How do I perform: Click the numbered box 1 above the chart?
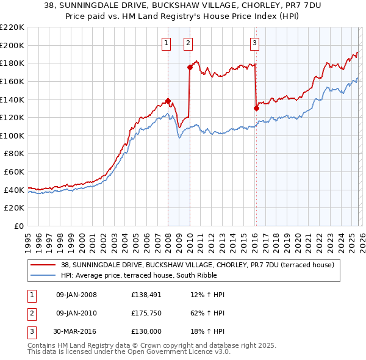167,43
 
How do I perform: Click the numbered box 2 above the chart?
188,43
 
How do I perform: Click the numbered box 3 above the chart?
254,43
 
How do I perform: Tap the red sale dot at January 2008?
168,101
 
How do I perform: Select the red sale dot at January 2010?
190,68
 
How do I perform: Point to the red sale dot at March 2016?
256,109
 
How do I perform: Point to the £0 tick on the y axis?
20,226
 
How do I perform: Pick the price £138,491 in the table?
146,295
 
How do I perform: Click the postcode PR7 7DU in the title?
273,5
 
